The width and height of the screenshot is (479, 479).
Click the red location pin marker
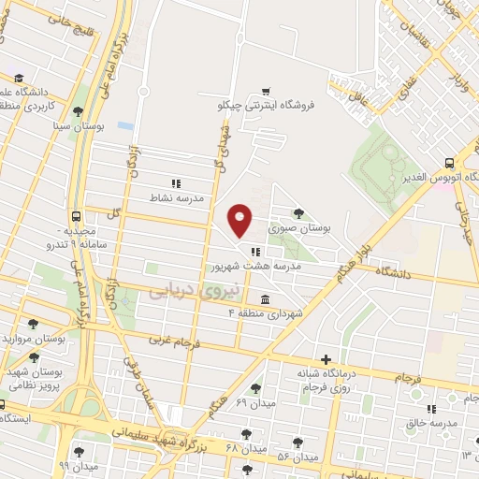click(x=240, y=220)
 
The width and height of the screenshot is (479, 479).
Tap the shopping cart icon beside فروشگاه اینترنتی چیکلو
click(x=267, y=92)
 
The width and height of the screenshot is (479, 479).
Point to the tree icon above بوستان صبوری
click(x=298, y=213)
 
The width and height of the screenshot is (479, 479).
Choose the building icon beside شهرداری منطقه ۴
click(x=266, y=299)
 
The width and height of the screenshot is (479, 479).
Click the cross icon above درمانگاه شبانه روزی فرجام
click(x=326, y=359)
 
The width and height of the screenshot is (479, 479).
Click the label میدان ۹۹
click(x=78, y=465)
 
